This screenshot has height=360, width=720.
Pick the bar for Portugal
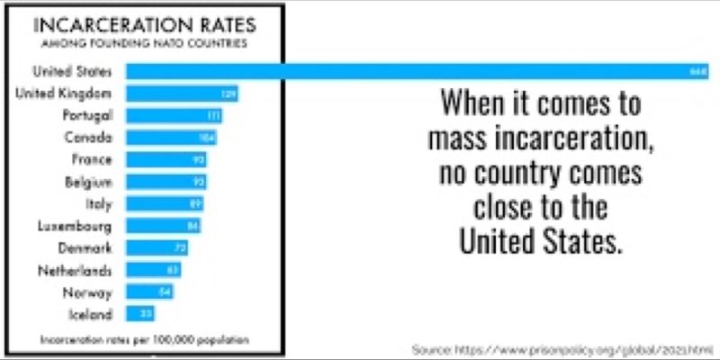point(174,116)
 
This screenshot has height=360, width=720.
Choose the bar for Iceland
point(140,314)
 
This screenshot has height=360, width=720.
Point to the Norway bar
point(149,292)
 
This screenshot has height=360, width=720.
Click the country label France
point(93,160)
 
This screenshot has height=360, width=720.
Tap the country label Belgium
point(88,182)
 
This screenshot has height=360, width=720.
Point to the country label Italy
point(98,204)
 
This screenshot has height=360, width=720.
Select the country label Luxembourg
point(75,226)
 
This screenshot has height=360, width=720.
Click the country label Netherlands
point(76,270)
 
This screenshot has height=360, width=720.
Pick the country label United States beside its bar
point(71,71)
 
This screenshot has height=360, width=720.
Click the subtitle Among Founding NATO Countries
point(143,42)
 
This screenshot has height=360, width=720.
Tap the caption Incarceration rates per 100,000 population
point(144,340)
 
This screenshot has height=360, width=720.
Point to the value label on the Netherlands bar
point(173,270)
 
